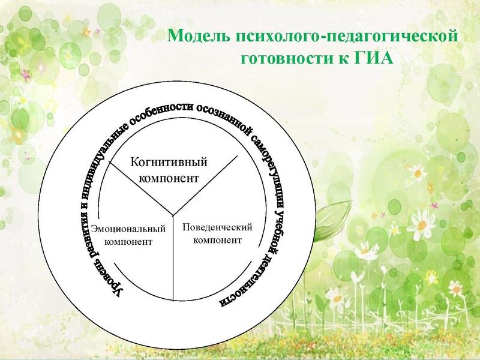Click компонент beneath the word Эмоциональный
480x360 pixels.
128,242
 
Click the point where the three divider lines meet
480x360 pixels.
173,214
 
